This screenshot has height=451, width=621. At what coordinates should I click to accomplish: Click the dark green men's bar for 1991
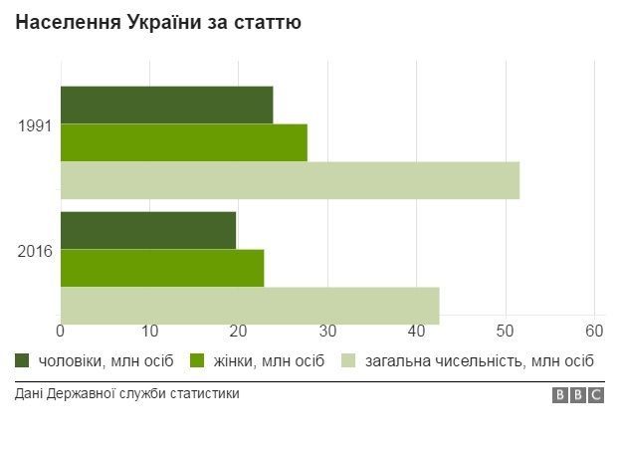[166, 105]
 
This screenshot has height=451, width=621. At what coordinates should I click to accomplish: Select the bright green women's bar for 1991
[183, 142]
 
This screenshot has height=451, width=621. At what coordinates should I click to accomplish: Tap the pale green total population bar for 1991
[290, 180]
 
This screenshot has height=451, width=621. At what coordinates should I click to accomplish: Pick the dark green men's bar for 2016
[148, 230]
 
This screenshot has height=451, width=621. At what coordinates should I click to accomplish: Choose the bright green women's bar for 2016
[162, 268]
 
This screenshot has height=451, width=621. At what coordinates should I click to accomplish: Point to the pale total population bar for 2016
[250, 305]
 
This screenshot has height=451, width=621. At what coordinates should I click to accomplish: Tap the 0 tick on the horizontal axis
[61, 331]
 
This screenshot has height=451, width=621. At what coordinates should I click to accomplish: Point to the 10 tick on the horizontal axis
[149, 331]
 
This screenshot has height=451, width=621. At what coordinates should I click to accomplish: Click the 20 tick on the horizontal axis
[239, 331]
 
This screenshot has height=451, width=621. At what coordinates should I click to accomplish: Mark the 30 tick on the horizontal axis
[327, 331]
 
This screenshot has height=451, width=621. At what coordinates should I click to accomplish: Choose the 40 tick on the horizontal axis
[417, 331]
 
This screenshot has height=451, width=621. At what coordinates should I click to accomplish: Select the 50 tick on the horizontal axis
[506, 331]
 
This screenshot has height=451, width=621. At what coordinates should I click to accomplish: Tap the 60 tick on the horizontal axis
[594, 331]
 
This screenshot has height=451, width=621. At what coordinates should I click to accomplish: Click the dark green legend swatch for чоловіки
[23, 359]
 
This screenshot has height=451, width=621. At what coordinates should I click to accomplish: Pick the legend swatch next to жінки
[197, 359]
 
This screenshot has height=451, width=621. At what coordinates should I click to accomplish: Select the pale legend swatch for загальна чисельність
[349, 359]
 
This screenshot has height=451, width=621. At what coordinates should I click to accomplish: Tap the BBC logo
[578, 395]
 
